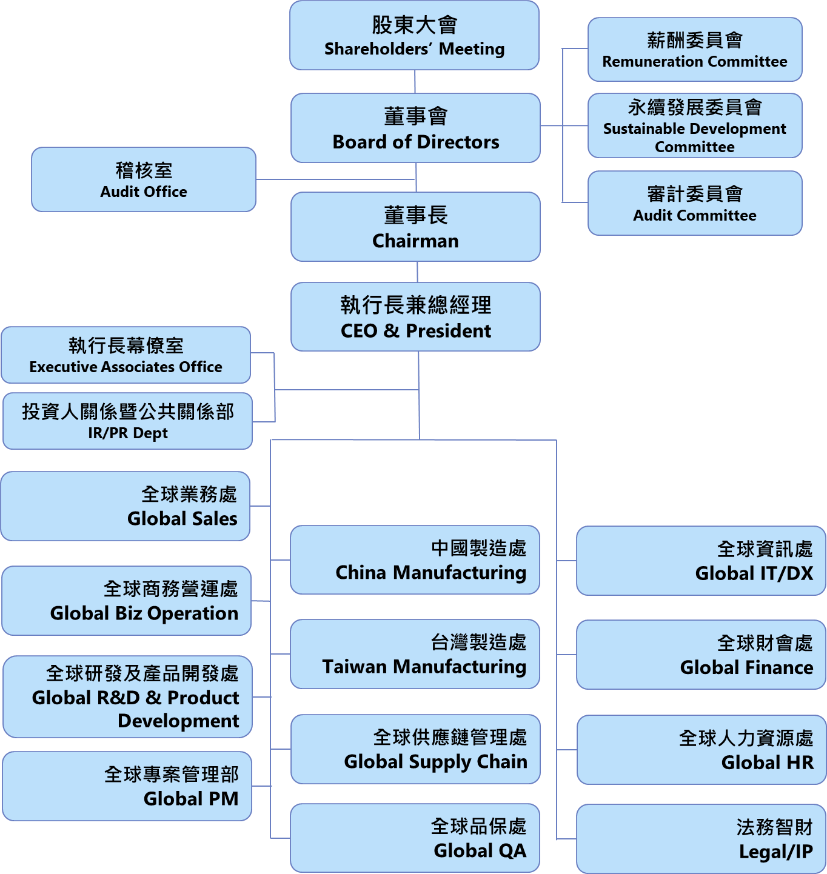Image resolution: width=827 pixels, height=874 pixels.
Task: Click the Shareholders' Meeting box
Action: tap(414, 36)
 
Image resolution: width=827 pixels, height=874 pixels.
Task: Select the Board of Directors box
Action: tap(415, 128)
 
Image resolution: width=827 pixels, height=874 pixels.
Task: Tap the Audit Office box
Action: tap(144, 179)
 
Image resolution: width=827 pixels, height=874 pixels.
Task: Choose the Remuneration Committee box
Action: tap(695, 50)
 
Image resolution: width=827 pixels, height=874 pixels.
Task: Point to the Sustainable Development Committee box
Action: tap(695, 126)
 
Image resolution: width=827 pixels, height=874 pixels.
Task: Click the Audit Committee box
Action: tap(695, 203)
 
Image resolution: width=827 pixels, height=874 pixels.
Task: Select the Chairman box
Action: tap(415, 227)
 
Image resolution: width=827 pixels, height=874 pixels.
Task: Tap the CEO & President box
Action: tap(415, 317)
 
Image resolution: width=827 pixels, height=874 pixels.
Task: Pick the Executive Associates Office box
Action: tap(126, 355)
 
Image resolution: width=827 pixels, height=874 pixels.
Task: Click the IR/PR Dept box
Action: tap(127, 421)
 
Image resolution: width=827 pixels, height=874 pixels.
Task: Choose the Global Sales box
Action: tap(126, 506)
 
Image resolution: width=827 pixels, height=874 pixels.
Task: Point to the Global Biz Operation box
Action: tap(126, 601)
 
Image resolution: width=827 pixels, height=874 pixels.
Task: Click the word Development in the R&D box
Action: tap(178, 721)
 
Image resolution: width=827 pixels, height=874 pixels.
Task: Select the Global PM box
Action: tap(127, 786)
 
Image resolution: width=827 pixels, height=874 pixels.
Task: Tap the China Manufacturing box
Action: tap(415, 560)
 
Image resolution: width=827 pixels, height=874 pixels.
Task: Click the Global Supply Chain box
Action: tap(415, 749)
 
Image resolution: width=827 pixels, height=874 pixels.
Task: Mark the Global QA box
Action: tap(415, 838)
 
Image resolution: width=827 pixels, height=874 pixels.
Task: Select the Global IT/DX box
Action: tap(701, 561)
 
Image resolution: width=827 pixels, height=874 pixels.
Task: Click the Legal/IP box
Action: tap(701, 839)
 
